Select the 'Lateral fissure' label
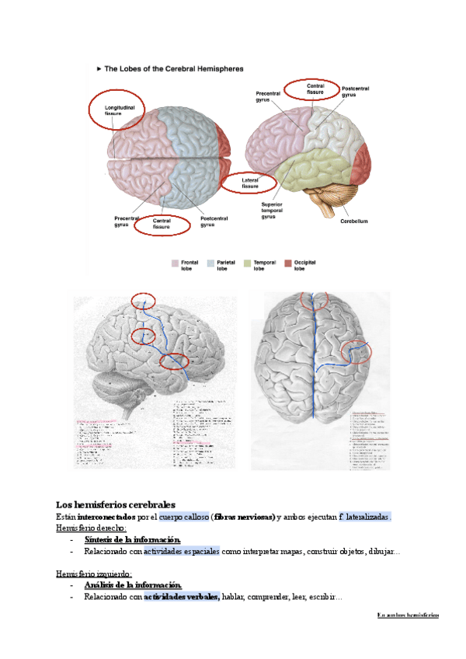click(250, 183)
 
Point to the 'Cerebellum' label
click(353, 221)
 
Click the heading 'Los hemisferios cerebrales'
click(116, 504)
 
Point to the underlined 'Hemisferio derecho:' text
click(92, 528)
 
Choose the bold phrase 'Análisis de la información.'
click(133, 585)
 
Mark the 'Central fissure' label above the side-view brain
click(315, 89)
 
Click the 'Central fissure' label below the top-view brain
click(162, 225)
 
